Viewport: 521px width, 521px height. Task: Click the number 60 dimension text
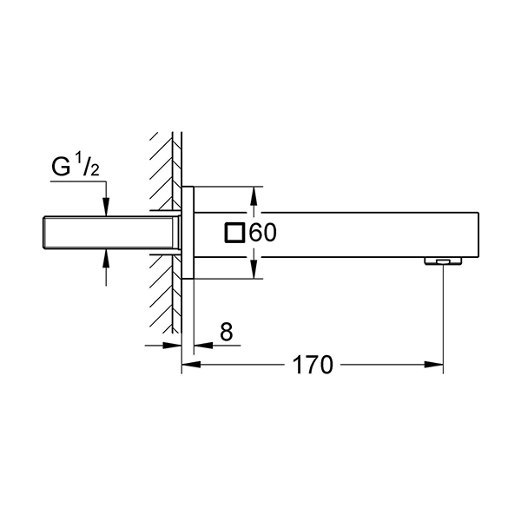pyautogui.click(x=262, y=233)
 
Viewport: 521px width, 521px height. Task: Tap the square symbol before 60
pyautogui.click(x=235, y=233)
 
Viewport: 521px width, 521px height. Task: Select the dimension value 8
pyautogui.click(x=227, y=332)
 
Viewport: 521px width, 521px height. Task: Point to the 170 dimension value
pyautogui.click(x=313, y=365)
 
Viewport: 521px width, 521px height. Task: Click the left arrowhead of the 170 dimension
pyautogui.click(x=191, y=365)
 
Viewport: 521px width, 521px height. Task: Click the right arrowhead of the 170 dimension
pyautogui.click(x=433, y=365)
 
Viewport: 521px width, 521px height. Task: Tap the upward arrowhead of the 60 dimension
pyautogui.click(x=254, y=196)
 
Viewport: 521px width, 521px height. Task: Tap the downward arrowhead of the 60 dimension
pyautogui.click(x=254, y=269)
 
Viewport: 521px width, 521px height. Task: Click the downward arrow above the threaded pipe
pyautogui.click(x=106, y=199)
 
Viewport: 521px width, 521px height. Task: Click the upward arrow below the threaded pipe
pyautogui.click(x=106, y=267)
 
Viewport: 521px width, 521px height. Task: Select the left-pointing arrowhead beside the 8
pyautogui.click(x=203, y=346)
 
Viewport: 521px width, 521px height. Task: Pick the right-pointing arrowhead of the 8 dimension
pyautogui.click(x=172, y=346)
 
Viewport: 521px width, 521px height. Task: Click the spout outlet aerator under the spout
pyautogui.click(x=443, y=261)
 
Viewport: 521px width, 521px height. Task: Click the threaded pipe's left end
pyautogui.click(x=44, y=233)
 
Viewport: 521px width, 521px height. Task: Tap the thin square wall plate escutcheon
pyautogui.click(x=188, y=233)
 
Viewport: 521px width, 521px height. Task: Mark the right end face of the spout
pyautogui.click(x=478, y=234)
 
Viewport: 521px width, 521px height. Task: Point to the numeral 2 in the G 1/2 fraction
pyautogui.click(x=95, y=170)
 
